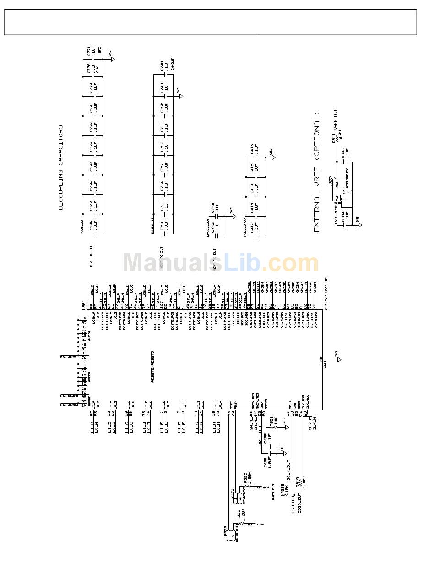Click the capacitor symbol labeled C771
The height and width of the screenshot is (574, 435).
point(93,59)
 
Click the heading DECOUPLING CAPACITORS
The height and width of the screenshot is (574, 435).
point(61,168)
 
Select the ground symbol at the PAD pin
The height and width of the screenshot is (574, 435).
point(339,360)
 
